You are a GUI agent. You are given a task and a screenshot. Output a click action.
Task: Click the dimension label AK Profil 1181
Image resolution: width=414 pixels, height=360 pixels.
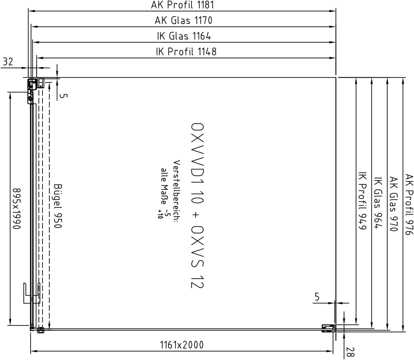pyautogui.click(x=183, y=5)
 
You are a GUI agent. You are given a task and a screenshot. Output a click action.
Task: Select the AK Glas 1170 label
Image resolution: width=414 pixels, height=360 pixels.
pyautogui.click(x=184, y=20)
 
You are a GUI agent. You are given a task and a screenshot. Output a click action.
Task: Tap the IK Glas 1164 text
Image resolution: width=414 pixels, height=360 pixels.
pyautogui.click(x=184, y=36)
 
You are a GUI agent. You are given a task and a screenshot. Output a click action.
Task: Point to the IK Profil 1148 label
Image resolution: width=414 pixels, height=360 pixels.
pyautogui.click(x=186, y=52)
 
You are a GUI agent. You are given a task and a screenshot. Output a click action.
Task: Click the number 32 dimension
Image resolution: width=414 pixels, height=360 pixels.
pyautogui.click(x=8, y=62)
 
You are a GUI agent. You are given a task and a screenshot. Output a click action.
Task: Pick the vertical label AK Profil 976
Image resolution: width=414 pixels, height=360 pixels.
pyautogui.click(x=409, y=204)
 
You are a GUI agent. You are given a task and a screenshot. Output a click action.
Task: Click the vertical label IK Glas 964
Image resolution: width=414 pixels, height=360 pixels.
pyautogui.click(x=378, y=203)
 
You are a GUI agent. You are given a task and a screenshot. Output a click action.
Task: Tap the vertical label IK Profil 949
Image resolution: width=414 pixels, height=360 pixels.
pyautogui.click(x=362, y=201)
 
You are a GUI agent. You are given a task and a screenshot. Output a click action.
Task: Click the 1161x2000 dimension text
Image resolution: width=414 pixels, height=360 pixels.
pyautogui.click(x=182, y=345)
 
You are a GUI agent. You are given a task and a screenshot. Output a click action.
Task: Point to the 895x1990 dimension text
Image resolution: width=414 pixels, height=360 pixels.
pyautogui.click(x=17, y=209)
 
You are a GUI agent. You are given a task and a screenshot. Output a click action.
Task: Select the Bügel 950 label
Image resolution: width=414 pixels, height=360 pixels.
pyautogui.click(x=58, y=206)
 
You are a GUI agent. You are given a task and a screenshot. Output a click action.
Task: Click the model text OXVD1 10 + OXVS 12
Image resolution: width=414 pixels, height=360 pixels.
pyautogui.click(x=197, y=205)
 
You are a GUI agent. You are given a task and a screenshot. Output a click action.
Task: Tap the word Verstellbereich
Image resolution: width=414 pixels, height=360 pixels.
pyautogui.click(x=177, y=192)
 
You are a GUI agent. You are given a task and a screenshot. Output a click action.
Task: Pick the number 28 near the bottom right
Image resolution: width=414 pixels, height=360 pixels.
pyautogui.click(x=350, y=352)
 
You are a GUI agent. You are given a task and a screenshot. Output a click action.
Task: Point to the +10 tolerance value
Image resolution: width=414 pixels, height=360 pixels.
pyautogui.click(x=160, y=214)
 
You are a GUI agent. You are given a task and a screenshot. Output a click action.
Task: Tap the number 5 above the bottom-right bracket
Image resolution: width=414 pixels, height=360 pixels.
pyautogui.click(x=317, y=297)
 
